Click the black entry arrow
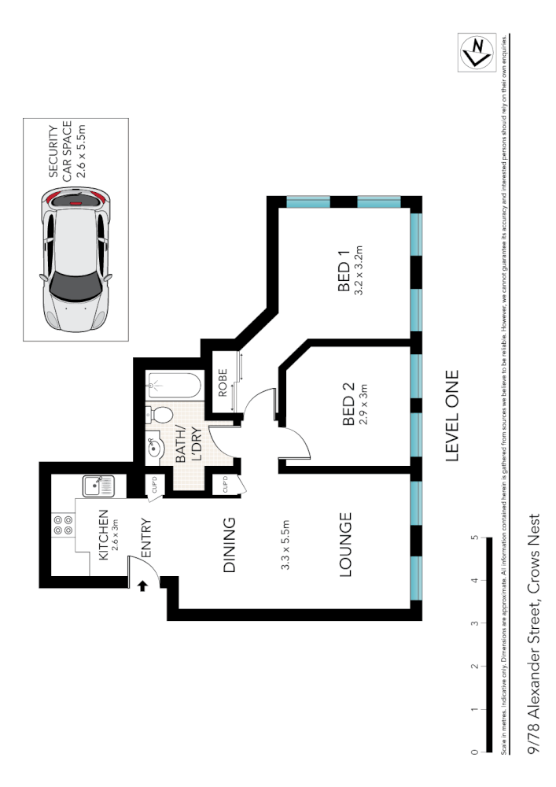click(x=143, y=586)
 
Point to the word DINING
click(x=229, y=545)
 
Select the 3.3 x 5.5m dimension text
click(x=286, y=545)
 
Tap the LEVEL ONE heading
click(x=452, y=416)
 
